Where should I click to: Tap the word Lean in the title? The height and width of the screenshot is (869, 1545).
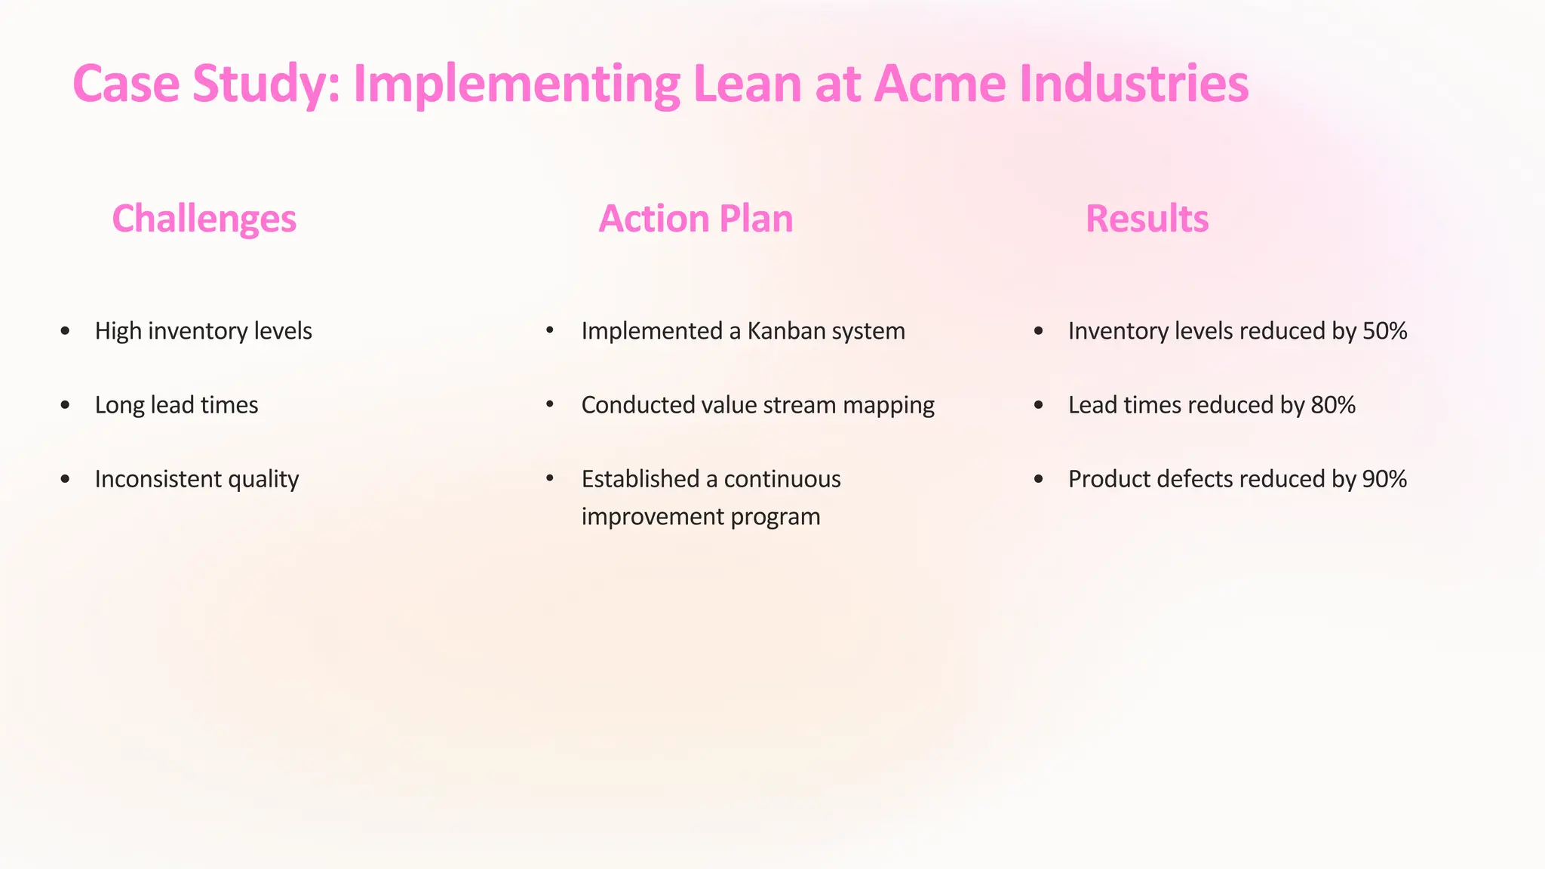pyautogui.click(x=747, y=84)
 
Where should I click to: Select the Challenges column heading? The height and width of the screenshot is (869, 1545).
pyautogui.click(x=204, y=219)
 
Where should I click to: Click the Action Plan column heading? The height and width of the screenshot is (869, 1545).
pyautogui.click(x=696, y=219)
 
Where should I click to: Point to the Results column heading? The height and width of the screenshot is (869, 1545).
pyautogui.click(x=1147, y=219)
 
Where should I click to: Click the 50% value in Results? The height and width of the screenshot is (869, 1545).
pyautogui.click(x=1384, y=331)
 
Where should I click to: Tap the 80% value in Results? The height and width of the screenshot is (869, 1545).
pyautogui.click(x=1333, y=405)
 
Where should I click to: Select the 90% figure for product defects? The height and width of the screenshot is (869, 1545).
pyautogui.click(x=1384, y=479)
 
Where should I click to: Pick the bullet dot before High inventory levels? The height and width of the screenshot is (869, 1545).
pyautogui.click(x=65, y=331)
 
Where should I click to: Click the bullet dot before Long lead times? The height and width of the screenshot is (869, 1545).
pyautogui.click(x=65, y=405)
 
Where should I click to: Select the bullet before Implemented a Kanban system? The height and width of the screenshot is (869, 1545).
pyautogui.click(x=550, y=330)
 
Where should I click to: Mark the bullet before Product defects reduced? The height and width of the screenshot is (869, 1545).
pyautogui.click(x=1038, y=479)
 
